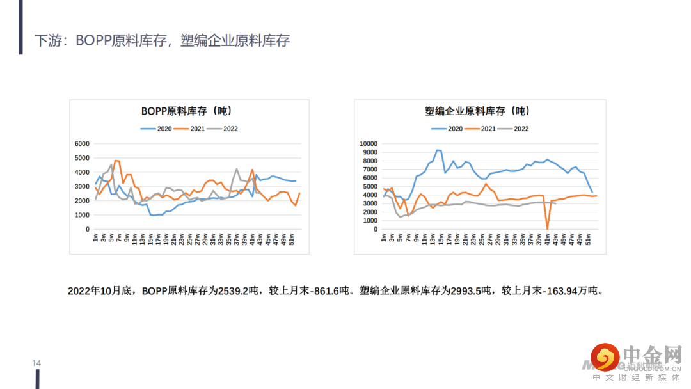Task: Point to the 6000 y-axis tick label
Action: (82, 143)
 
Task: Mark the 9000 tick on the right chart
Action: (370, 152)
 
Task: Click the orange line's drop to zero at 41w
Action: (547, 228)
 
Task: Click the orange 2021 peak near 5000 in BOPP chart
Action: (117, 161)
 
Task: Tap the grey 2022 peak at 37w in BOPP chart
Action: (237, 169)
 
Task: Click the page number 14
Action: (36, 363)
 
